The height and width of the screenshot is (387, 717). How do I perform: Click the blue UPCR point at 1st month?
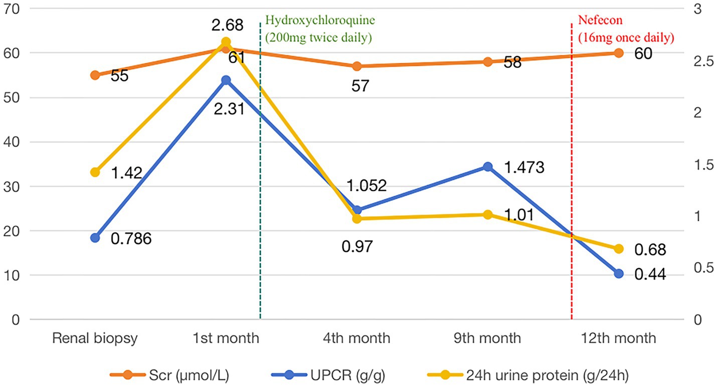point(226,80)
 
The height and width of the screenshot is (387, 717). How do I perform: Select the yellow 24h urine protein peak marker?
point(226,42)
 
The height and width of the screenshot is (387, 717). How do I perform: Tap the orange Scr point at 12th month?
point(618,53)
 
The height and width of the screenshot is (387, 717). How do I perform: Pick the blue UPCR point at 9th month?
point(487,167)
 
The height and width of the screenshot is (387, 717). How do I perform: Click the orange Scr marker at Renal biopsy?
point(95,75)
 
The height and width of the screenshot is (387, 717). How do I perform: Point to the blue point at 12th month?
point(618,274)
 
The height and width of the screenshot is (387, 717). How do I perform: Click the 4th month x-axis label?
point(356,338)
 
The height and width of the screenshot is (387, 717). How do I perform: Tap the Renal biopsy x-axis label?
point(95,338)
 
